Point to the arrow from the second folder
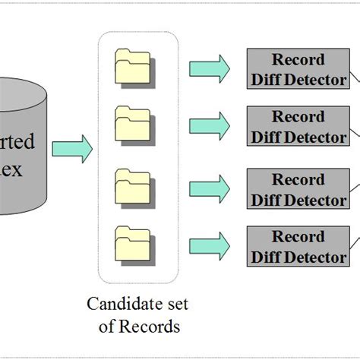click(208, 125)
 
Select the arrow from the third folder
click(208, 188)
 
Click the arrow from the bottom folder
click(208, 245)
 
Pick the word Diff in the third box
click(267, 200)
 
